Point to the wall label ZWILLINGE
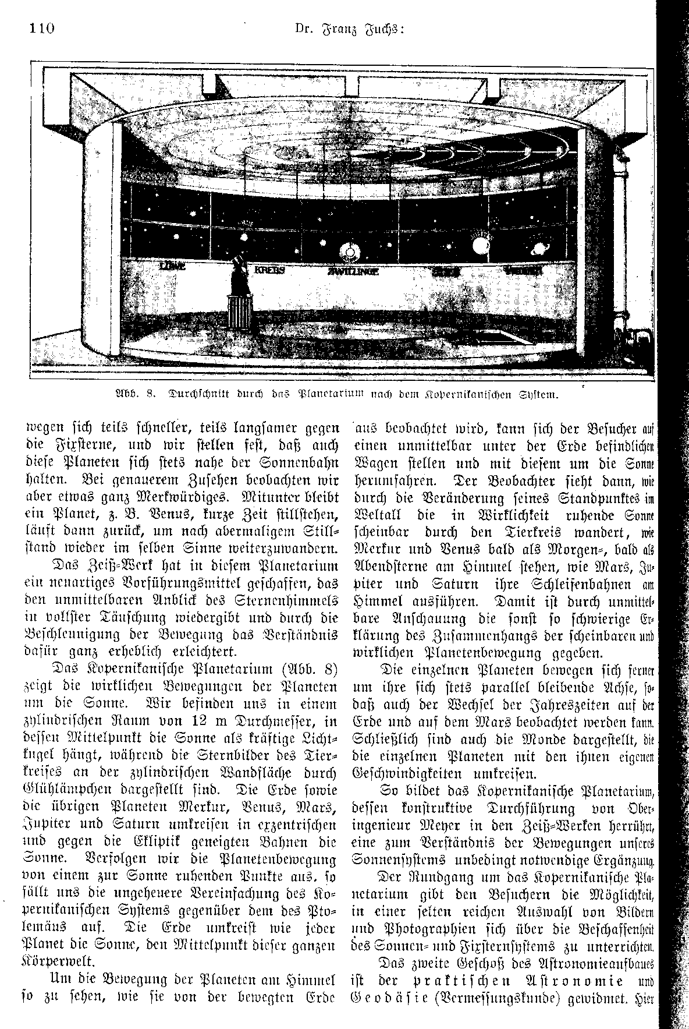tap(353, 272)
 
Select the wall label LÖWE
tap(172, 267)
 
